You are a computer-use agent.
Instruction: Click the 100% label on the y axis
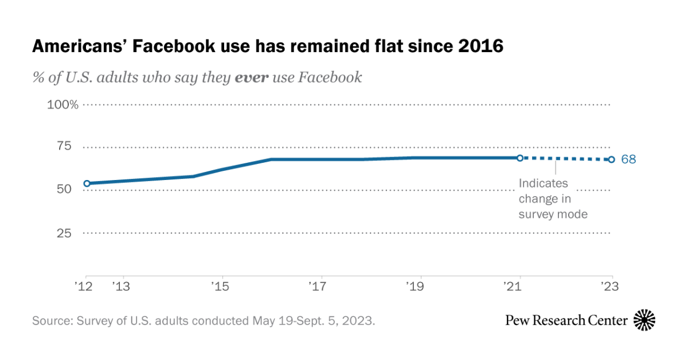tap(62, 105)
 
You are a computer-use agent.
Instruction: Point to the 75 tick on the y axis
tap(64, 146)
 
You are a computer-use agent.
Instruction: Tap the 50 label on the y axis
tap(64, 189)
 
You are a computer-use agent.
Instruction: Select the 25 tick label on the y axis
tap(64, 233)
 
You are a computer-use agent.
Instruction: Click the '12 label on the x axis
tap(84, 286)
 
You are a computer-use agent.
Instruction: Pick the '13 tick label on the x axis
tap(122, 286)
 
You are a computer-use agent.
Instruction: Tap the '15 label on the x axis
tap(221, 286)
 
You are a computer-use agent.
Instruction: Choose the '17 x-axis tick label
tap(318, 286)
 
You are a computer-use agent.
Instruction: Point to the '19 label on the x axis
tap(415, 286)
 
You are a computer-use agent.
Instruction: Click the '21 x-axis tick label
tap(513, 286)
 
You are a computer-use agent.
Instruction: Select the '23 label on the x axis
tap(610, 286)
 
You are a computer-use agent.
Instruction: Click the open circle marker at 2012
tap(87, 183)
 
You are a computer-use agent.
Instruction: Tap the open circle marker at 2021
tap(520, 158)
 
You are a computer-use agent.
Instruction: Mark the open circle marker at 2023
tap(612, 159)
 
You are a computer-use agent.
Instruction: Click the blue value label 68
tap(628, 159)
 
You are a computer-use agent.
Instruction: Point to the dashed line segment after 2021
tap(566, 159)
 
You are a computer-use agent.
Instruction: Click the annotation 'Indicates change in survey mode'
tap(553, 199)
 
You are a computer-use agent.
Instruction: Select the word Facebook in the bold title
tap(174, 46)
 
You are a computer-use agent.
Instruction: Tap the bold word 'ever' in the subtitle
tap(252, 77)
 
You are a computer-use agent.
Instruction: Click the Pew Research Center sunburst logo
tap(644, 320)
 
